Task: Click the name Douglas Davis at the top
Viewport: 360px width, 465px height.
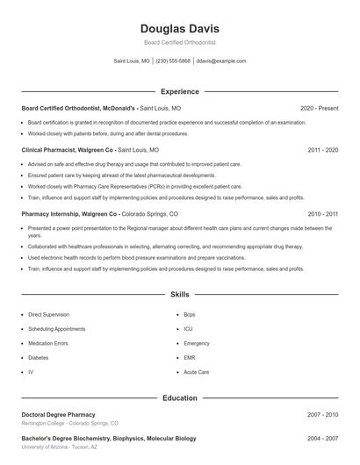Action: coord(179,28)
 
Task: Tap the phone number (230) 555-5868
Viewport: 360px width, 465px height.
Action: coord(173,61)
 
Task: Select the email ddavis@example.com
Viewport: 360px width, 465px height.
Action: coord(221,61)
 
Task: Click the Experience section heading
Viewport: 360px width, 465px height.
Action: coord(179,91)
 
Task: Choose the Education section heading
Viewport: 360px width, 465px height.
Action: coord(179,397)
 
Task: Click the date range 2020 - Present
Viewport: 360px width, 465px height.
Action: coord(319,108)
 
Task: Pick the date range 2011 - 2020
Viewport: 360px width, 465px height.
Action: coord(322,150)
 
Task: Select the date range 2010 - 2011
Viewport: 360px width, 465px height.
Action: coord(322,213)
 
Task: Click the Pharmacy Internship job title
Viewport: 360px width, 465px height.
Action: coord(59,213)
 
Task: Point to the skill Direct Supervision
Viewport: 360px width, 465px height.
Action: coord(48,314)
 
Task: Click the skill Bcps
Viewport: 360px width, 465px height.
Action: coord(190,314)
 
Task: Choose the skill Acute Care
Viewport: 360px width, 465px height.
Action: coord(197,372)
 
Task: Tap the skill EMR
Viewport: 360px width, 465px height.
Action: coord(190,358)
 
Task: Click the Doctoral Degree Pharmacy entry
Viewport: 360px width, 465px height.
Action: coord(58,414)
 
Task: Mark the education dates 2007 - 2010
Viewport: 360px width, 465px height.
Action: coord(322,414)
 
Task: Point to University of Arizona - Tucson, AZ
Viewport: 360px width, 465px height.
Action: coord(59,447)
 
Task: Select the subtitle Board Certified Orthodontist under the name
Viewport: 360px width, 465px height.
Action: coord(179,42)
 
